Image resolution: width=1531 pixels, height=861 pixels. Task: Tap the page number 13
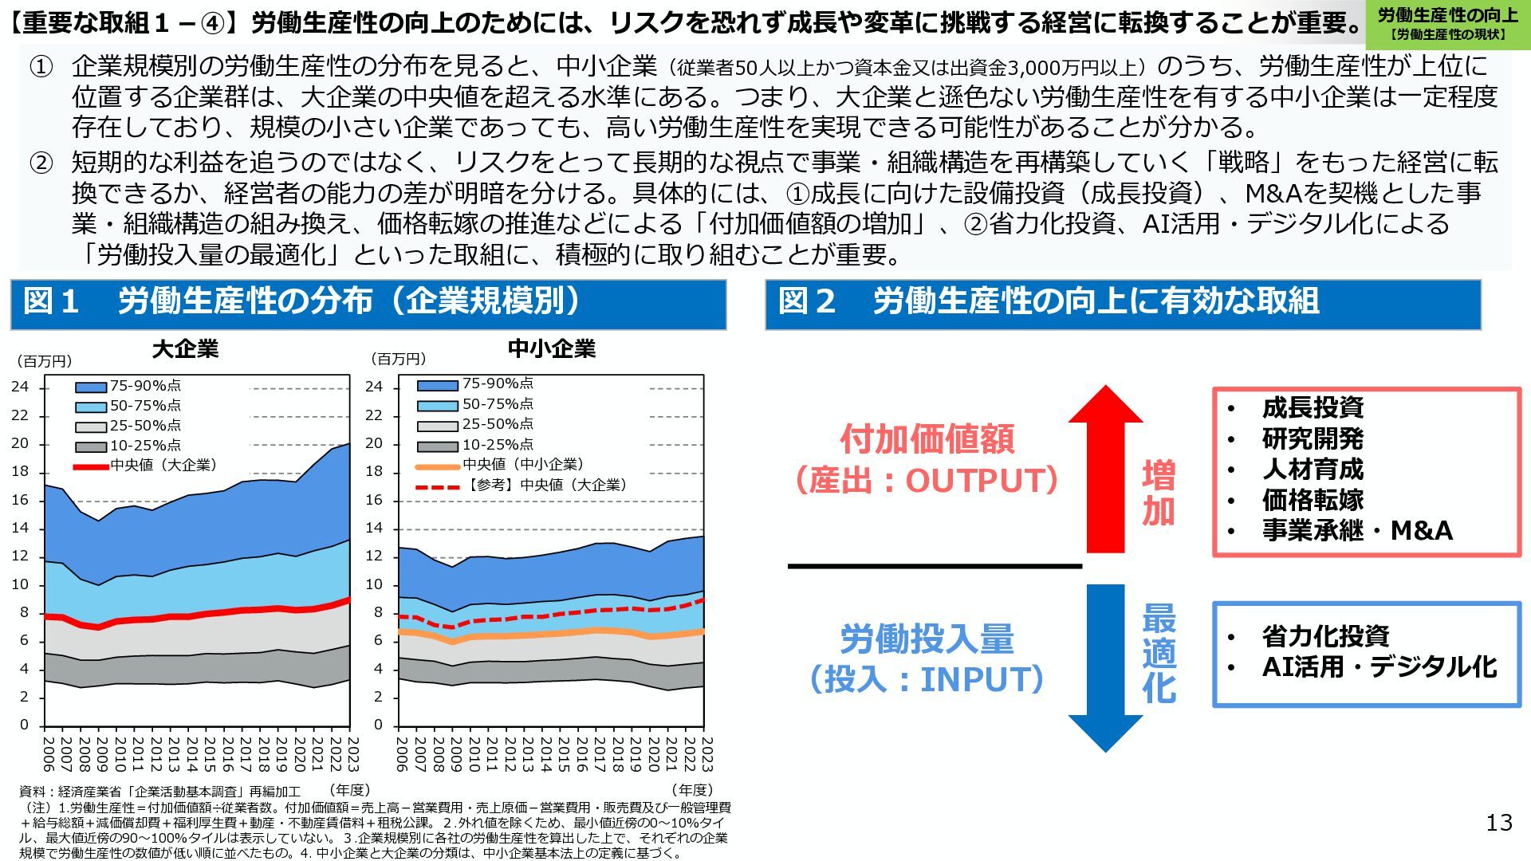[x=1499, y=823]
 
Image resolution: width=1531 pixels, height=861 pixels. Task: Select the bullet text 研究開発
[x=1313, y=438]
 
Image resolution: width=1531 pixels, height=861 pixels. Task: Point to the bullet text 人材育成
[x=1313, y=469]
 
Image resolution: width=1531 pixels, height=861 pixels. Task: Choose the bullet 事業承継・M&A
[x=1357, y=530]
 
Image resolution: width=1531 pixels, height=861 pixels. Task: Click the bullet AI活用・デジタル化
[x=1379, y=666]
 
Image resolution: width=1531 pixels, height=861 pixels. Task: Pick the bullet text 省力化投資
[x=1325, y=636]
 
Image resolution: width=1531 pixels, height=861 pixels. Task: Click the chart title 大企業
[x=185, y=349]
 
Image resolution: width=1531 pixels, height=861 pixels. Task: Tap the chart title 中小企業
[x=552, y=349]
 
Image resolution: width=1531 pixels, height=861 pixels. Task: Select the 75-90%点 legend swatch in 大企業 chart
[x=91, y=387]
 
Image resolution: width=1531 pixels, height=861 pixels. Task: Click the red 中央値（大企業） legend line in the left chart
[x=91, y=466]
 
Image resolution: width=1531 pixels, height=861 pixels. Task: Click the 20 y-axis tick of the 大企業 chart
[x=20, y=444]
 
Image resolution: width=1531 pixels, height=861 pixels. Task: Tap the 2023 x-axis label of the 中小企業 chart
[x=706, y=754]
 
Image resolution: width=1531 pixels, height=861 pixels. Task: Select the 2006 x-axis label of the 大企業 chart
[x=47, y=754]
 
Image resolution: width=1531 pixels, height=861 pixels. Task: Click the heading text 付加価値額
[x=927, y=439]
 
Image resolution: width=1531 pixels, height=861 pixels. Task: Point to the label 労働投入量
[x=927, y=639]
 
